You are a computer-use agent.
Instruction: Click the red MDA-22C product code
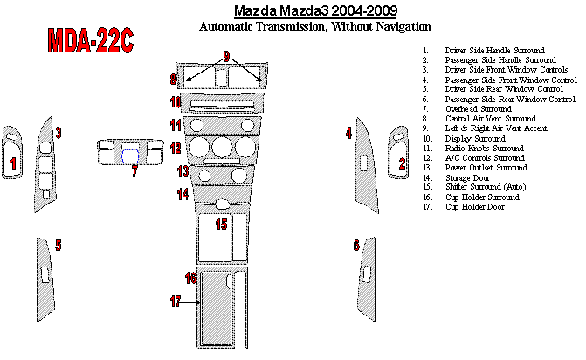click(x=91, y=40)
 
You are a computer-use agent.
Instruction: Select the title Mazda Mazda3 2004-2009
click(x=315, y=10)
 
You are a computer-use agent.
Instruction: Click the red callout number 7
click(x=134, y=171)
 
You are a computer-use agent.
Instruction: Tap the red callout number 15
click(x=221, y=225)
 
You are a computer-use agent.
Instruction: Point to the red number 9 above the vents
click(x=226, y=57)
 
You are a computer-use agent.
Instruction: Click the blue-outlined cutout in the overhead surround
click(x=130, y=156)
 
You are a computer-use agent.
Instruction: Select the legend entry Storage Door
click(x=467, y=178)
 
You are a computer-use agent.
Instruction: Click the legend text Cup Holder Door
click(x=474, y=207)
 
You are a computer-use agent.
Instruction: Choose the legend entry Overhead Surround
click(x=479, y=108)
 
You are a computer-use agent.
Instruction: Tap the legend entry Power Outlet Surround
click(x=486, y=168)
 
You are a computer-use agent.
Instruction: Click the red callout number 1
click(x=13, y=163)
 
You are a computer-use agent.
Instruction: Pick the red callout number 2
click(x=402, y=163)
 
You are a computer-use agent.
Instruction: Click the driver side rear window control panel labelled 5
click(x=45, y=279)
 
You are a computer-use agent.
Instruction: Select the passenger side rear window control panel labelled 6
click(x=366, y=279)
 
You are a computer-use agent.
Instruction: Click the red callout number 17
click(x=176, y=301)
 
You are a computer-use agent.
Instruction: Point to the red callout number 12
click(x=176, y=148)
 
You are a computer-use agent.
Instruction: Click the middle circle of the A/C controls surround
click(x=223, y=147)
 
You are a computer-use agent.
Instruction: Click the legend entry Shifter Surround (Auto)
click(x=486, y=187)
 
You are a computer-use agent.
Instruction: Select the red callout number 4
click(x=348, y=133)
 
